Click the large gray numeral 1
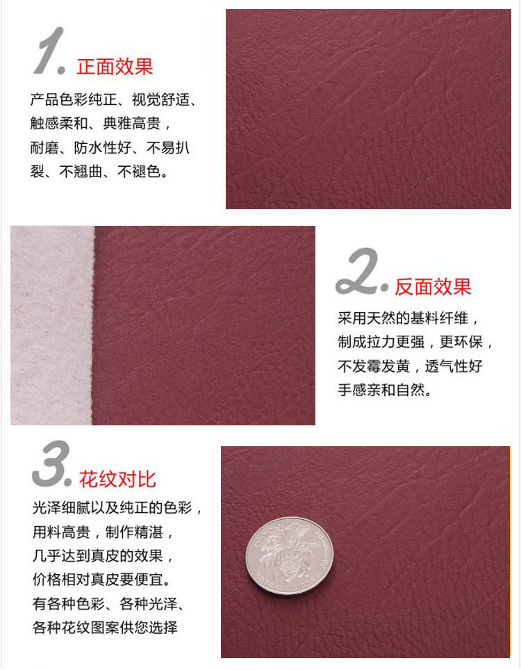click(49, 52)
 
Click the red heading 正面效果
click(115, 67)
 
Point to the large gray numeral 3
click(51, 464)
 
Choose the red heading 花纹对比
click(117, 479)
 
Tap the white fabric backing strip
click(52, 325)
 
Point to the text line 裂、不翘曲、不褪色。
click(99, 171)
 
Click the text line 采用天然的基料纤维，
click(408, 318)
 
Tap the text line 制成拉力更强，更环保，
click(415, 342)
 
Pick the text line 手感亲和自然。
click(385, 390)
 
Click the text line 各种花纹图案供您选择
click(104, 628)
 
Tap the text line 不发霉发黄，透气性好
click(410, 366)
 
